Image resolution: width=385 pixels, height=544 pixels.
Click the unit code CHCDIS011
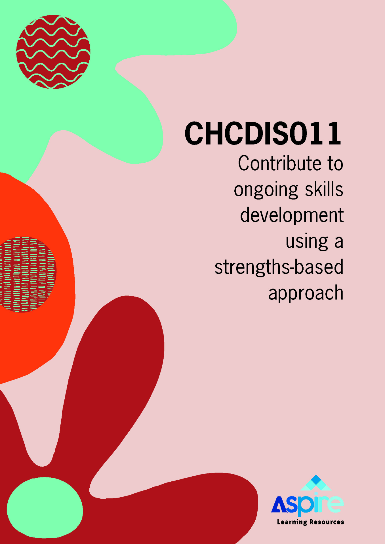point(263,133)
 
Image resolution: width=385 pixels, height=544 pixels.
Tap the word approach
point(306,293)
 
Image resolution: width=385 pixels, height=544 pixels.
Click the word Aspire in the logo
point(307,505)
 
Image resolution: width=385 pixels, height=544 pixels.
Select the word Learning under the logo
point(292,522)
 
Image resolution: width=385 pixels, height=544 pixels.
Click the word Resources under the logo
point(327,522)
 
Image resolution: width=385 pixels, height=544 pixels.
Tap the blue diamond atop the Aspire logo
point(316,480)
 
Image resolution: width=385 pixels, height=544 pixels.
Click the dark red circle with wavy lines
point(53,52)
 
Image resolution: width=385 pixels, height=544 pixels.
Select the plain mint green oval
point(45,507)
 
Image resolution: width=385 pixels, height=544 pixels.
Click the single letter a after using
point(339,243)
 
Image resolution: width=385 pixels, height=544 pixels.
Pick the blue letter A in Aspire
point(279,505)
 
